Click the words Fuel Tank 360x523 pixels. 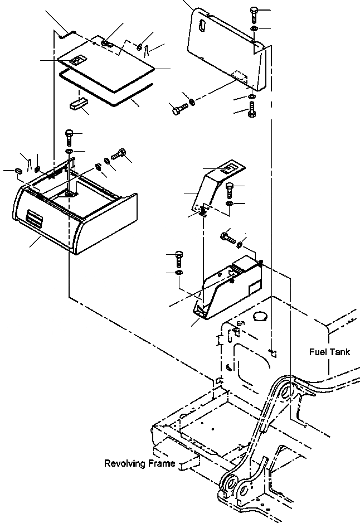(329, 352)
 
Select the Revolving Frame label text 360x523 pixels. (139, 463)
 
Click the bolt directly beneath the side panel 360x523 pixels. (251, 109)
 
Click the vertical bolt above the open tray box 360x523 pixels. (69, 135)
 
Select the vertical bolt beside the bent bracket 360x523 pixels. (230, 190)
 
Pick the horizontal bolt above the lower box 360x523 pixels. (228, 236)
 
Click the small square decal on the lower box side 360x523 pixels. (251, 287)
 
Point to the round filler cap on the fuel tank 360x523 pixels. (260, 317)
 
